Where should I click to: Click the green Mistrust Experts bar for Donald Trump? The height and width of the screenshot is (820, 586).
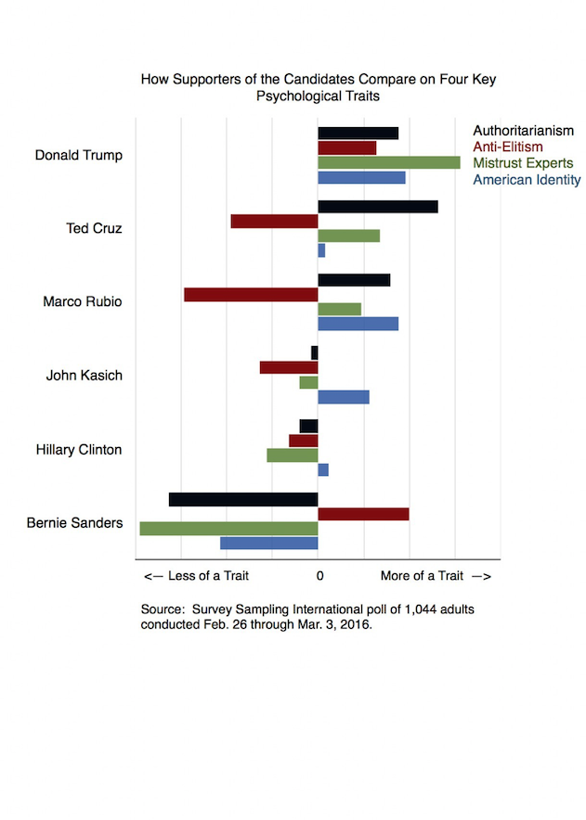point(389,162)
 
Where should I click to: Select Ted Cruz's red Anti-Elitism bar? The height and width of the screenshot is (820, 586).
point(274,221)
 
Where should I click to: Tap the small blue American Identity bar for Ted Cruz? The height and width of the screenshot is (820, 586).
point(321,250)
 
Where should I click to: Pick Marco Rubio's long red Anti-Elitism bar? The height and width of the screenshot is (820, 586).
point(251,295)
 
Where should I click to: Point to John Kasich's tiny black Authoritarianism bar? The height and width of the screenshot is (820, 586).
point(314,353)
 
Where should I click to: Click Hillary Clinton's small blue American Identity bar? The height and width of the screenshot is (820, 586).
point(323,469)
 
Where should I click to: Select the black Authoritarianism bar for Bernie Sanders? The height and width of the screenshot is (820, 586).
point(243,499)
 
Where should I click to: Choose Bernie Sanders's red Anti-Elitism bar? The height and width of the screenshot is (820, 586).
point(363,514)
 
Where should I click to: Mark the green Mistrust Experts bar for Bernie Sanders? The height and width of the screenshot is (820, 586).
point(228,529)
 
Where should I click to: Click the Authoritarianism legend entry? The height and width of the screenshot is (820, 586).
point(523,131)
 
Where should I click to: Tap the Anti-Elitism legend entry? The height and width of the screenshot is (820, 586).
point(508,147)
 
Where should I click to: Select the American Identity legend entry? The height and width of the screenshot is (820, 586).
point(527,180)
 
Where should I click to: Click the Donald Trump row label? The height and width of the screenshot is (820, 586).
point(79,155)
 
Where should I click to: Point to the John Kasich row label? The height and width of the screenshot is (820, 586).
point(85,376)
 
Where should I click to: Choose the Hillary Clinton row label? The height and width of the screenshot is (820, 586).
point(79,450)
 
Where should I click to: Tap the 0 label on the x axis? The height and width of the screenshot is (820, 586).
point(320,576)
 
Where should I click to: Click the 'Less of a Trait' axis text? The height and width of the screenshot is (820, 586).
point(208,576)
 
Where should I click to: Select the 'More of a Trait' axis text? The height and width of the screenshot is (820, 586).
point(423,576)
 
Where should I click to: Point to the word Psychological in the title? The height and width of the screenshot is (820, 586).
point(298,96)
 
